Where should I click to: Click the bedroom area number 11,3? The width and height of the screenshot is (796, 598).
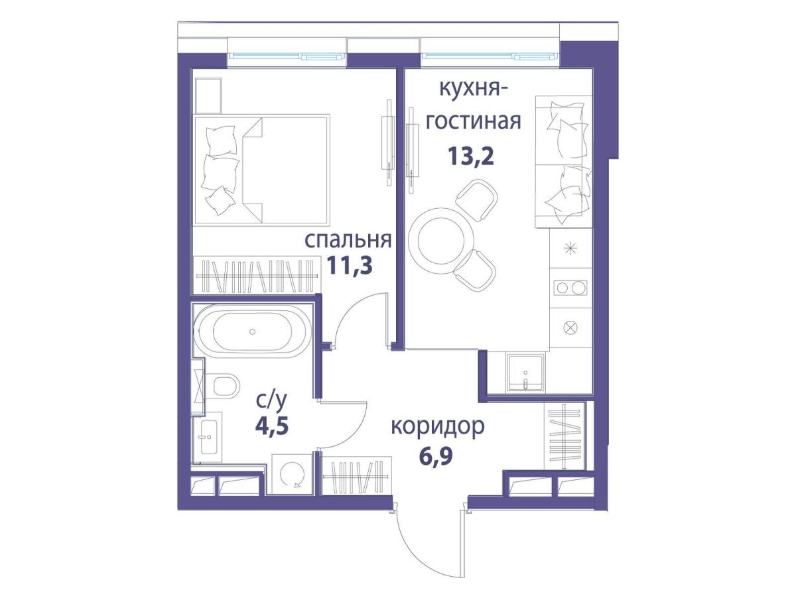[350, 265]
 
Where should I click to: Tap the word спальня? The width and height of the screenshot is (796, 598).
[348, 239]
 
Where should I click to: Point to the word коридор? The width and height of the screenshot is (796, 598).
[438, 427]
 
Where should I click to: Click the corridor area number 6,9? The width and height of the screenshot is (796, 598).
[436, 457]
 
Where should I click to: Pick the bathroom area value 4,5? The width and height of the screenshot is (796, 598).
[271, 426]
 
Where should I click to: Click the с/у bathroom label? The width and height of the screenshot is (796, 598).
[271, 401]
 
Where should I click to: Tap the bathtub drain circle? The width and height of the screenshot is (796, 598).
[253, 331]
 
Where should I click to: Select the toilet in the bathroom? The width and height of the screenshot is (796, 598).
[225, 387]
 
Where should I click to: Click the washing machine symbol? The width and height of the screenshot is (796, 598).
[292, 474]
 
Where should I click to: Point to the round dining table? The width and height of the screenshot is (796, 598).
[441, 241]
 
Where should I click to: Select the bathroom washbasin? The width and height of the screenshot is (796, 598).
[208, 437]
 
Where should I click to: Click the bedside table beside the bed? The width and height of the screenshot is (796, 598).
[208, 95]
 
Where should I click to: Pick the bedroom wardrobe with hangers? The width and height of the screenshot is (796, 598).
[257, 275]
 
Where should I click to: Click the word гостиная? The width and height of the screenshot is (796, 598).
[473, 121]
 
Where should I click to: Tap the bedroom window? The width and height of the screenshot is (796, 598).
[287, 56]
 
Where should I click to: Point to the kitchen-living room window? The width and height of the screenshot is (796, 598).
[490, 56]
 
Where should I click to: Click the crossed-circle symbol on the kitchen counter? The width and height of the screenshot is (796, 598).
[570, 328]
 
